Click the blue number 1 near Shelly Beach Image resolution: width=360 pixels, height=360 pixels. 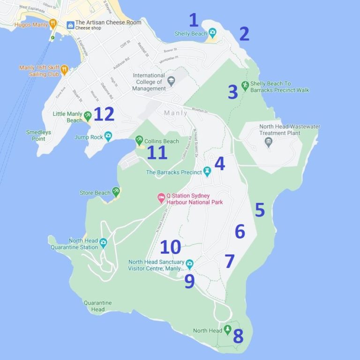(x=194, y=20)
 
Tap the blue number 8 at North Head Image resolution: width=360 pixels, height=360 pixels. (x=238, y=336)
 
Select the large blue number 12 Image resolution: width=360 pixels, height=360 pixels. (x=104, y=114)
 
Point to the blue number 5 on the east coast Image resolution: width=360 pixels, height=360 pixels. (x=260, y=210)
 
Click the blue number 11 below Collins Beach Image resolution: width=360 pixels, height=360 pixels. (x=157, y=153)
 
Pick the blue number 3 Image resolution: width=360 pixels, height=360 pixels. (x=232, y=92)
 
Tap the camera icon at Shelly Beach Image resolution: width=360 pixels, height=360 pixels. (x=212, y=33)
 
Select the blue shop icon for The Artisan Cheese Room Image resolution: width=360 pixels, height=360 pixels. (x=70, y=25)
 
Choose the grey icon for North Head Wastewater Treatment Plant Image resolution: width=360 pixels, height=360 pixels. (x=269, y=142)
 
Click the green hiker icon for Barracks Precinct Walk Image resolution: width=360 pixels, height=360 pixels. (x=245, y=85)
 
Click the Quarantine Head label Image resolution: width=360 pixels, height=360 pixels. (x=97, y=306)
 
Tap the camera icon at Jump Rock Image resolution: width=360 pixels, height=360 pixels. (x=108, y=136)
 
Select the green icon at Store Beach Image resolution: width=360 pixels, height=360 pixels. (x=116, y=191)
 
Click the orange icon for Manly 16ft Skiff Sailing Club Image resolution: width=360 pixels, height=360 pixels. (x=64, y=70)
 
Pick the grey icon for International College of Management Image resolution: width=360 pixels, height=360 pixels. (x=171, y=82)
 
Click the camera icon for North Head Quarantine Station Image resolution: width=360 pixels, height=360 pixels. (x=103, y=242)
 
